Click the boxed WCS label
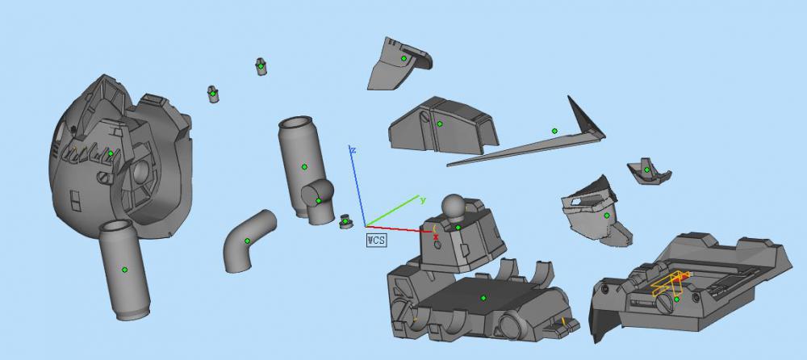pyautogui.click(x=375, y=239)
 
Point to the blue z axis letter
pyautogui.click(x=353, y=149)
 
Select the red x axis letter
pyautogui.click(x=436, y=237)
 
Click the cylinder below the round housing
pyautogui.click(x=124, y=270)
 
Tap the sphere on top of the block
pyautogui.click(x=454, y=207)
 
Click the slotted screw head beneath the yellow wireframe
pyautogui.click(x=665, y=303)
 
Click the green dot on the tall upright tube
pyautogui.click(x=304, y=167)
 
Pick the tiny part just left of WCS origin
pyautogui.click(x=345, y=221)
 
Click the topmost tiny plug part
pyautogui.click(x=261, y=66)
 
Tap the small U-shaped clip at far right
pyautogui.click(x=647, y=170)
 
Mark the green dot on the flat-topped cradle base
pyautogui.click(x=483, y=298)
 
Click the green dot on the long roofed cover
pyautogui.click(x=440, y=123)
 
